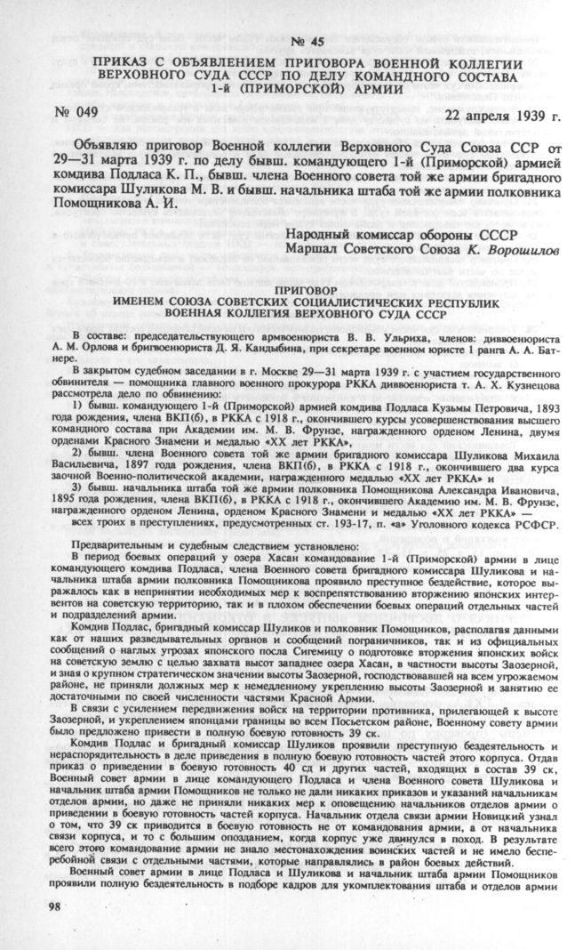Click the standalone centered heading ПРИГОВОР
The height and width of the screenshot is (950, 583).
pos(299,289)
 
